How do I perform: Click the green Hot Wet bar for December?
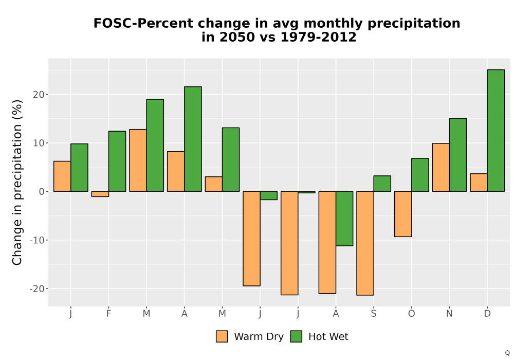[x=495, y=131]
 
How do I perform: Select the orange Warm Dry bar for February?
[x=100, y=194]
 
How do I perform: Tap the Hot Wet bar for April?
[x=193, y=139]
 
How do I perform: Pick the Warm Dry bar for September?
[x=365, y=243]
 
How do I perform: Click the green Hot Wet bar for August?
[x=344, y=219]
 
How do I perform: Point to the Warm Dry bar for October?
[x=403, y=214]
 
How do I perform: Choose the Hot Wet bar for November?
[x=458, y=155]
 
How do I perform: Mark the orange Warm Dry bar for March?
[x=138, y=160]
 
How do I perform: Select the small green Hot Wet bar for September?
[x=382, y=184]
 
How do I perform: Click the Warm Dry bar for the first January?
[x=62, y=176]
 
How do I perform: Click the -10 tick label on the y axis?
[x=37, y=240]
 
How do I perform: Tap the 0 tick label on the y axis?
[x=42, y=191]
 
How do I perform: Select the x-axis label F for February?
[x=108, y=314]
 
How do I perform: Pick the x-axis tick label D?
[x=487, y=314]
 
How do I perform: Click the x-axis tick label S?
[x=374, y=314]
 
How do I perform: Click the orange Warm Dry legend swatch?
[x=222, y=336]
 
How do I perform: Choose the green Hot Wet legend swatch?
[x=296, y=336]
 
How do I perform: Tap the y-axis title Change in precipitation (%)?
[x=17, y=183]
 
